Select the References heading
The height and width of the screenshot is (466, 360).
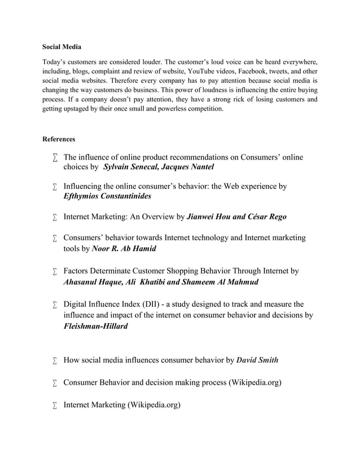pyautogui.click(x=59, y=139)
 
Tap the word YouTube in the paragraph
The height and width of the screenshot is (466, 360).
pyautogui.click(x=198, y=72)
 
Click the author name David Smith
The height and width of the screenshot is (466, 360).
pyautogui.click(x=257, y=360)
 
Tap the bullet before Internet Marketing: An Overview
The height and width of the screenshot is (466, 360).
pyautogui.click(x=55, y=217)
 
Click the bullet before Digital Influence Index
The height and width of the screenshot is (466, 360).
pyautogui.click(x=55, y=305)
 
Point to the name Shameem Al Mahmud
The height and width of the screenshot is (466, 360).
pyautogui.click(x=219, y=282)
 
